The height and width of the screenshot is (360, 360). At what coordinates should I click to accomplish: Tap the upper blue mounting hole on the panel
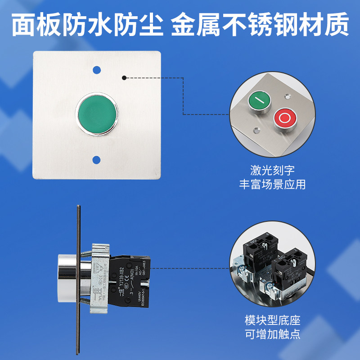(x=96, y=71)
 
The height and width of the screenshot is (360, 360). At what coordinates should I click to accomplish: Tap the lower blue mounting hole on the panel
(x=96, y=159)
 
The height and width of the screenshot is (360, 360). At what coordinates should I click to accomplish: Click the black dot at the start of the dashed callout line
(x=125, y=77)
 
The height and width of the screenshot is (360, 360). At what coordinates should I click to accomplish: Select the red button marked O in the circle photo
(x=285, y=118)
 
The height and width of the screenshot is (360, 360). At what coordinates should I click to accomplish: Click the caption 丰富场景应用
(x=272, y=184)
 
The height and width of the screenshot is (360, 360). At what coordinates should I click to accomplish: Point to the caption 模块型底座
(x=272, y=321)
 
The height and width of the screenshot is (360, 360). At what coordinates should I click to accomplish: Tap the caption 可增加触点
(x=272, y=334)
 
